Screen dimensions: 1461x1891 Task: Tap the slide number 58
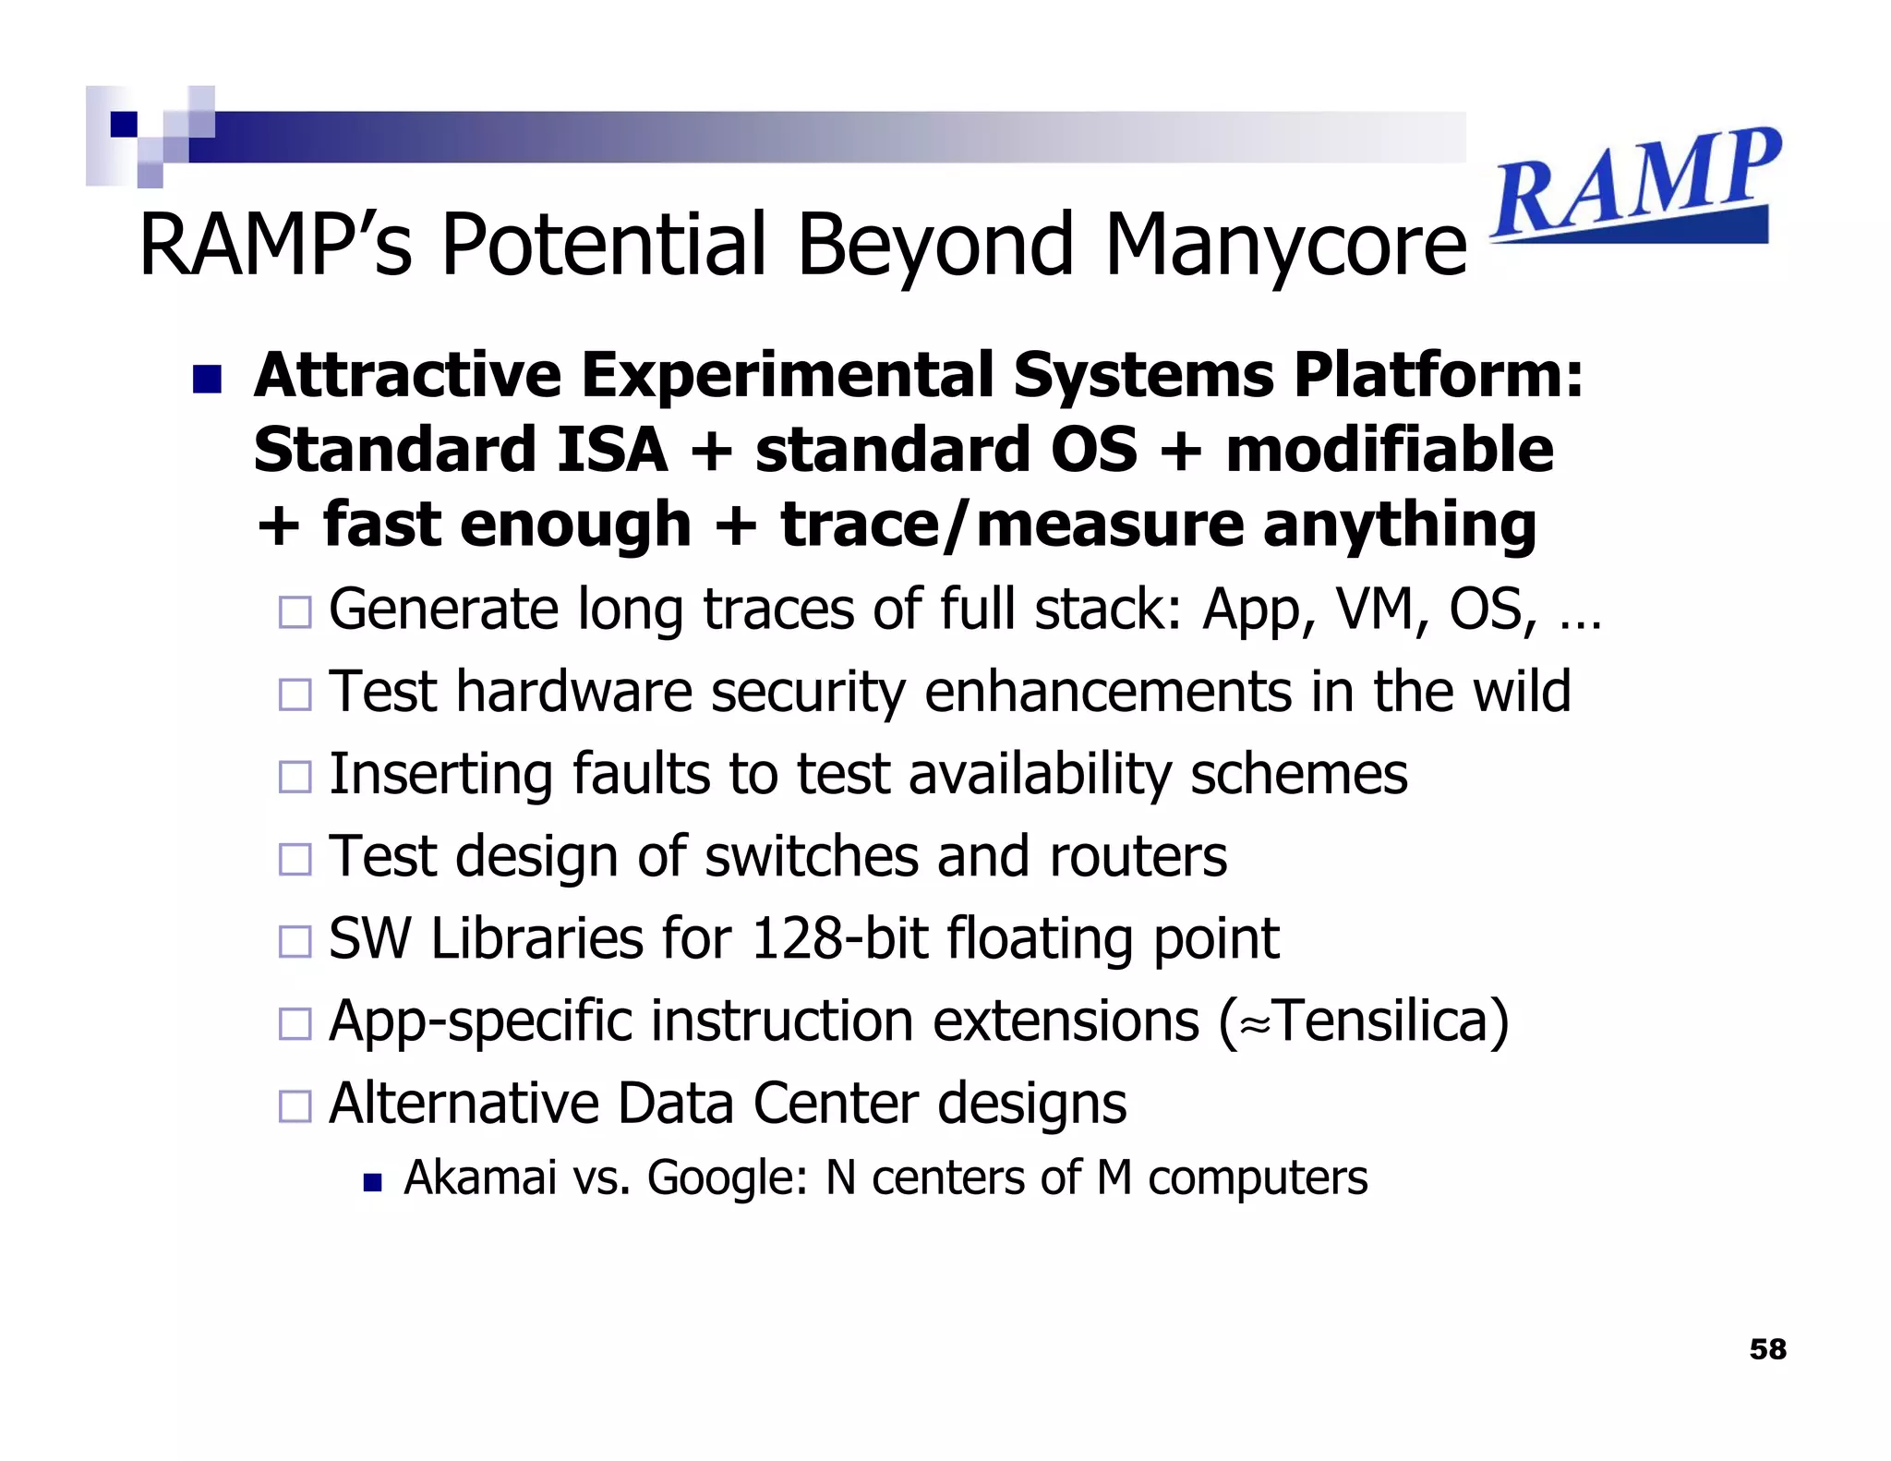click(1767, 1349)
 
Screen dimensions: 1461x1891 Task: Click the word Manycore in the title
click(1285, 245)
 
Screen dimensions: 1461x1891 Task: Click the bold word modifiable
click(1390, 450)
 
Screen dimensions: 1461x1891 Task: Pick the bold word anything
click(1399, 525)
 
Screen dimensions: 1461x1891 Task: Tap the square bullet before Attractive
click(207, 379)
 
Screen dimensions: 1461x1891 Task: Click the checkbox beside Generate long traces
click(295, 612)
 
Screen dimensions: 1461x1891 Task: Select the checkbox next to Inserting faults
click(295, 777)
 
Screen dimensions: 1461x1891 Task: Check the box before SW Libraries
click(295, 941)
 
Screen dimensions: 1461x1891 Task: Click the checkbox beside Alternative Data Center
click(295, 1105)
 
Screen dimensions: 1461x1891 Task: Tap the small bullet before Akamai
click(372, 1182)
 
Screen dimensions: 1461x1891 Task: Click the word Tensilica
click(1380, 1021)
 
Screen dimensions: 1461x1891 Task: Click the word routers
click(1138, 857)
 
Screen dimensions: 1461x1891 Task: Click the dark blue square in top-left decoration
click(124, 124)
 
